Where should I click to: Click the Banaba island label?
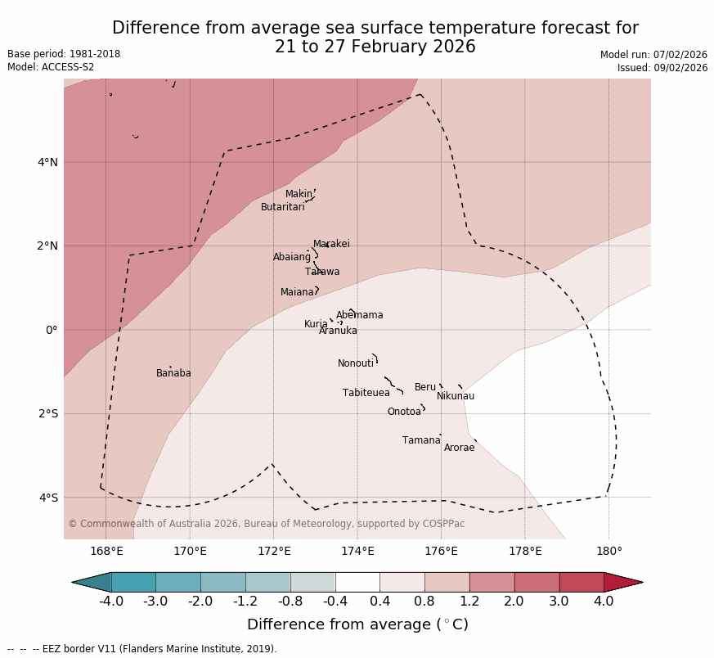click(173, 373)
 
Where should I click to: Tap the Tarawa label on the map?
click(322, 272)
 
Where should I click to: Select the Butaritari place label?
click(282, 207)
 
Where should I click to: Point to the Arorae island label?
click(459, 448)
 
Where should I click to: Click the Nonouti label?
click(355, 363)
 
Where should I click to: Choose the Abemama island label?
click(359, 315)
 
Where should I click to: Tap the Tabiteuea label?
click(366, 393)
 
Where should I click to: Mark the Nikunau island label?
click(455, 396)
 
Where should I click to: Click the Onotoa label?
click(404, 412)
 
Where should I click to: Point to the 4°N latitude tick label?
click(47, 162)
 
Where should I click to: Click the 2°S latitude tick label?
click(47, 414)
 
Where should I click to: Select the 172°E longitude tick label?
click(273, 551)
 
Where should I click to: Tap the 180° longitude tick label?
click(608, 551)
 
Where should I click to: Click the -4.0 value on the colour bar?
click(111, 602)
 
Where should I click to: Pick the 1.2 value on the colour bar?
click(469, 602)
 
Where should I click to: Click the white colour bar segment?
click(357, 582)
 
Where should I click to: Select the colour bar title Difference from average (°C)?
click(357, 624)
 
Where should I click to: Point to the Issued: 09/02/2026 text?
click(662, 68)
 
